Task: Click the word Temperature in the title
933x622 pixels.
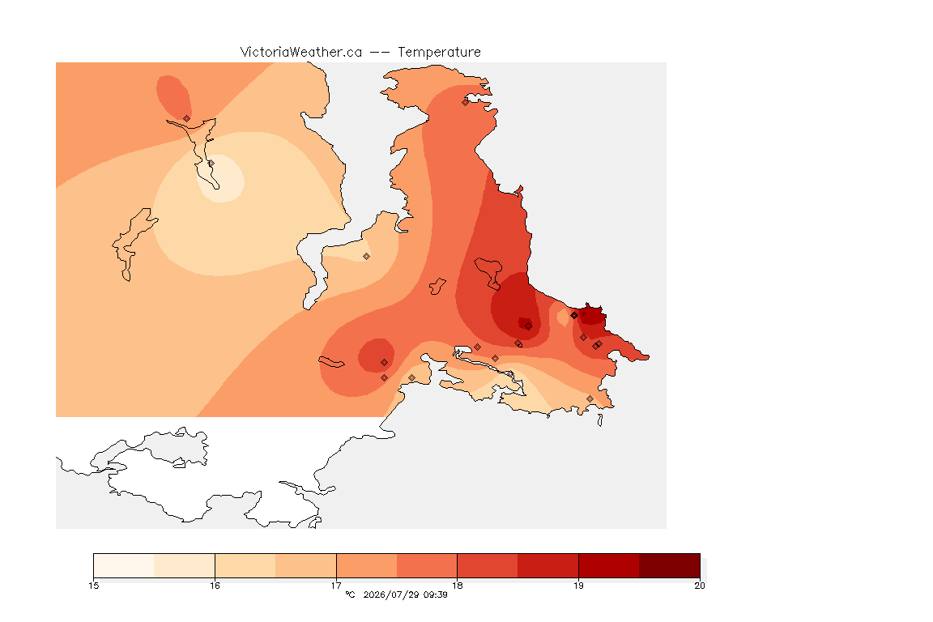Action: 439,53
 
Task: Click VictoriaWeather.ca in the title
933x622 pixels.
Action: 301,53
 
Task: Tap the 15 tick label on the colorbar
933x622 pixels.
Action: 93,586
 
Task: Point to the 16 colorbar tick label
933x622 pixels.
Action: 215,586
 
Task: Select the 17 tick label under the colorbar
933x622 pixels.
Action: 336,586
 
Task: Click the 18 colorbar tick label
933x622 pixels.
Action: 457,586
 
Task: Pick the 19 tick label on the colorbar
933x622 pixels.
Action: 578,586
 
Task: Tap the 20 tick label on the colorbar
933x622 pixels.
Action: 700,586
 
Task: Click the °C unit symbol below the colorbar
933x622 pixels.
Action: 350,594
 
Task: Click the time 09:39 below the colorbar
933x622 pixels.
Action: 436,594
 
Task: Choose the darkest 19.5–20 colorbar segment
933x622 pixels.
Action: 670,565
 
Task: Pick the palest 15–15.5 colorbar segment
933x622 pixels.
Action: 124,565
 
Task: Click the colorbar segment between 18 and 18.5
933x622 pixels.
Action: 488,565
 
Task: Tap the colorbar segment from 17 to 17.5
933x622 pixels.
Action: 367,565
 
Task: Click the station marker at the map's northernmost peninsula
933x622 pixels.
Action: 466,102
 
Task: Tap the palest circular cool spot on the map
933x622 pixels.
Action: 220,178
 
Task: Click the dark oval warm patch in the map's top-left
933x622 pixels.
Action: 173,97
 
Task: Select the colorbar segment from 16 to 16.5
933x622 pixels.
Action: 245,565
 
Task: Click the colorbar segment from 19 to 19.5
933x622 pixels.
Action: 609,565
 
